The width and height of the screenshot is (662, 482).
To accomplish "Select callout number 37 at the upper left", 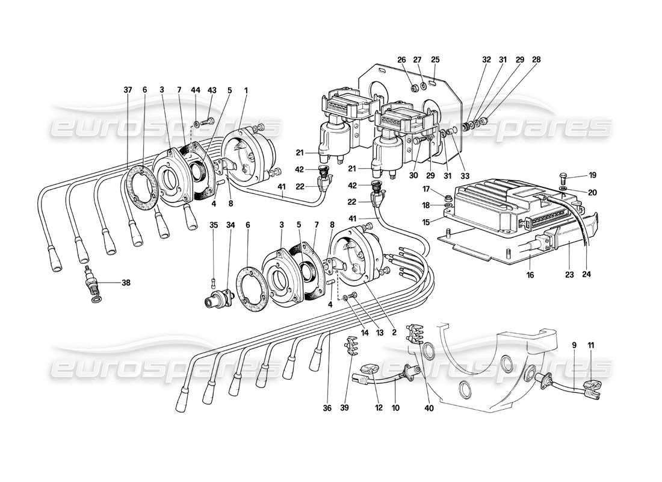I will [128, 90].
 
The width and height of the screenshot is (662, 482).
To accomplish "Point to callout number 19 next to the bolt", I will [593, 176].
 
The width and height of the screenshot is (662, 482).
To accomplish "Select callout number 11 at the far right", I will [591, 345].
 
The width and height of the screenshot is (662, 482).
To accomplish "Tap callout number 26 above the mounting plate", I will [402, 60].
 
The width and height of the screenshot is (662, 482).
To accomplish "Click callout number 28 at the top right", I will [537, 60].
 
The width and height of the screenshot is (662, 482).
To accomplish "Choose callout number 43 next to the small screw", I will [211, 90].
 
